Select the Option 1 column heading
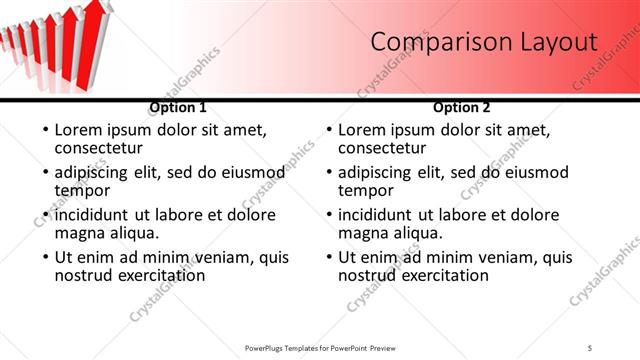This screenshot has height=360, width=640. [178, 107]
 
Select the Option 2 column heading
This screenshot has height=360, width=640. [462, 107]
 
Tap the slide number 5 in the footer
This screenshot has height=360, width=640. [591, 348]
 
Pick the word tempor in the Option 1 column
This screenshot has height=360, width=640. [82, 190]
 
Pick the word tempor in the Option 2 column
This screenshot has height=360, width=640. [366, 190]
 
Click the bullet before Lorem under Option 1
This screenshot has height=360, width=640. [44, 130]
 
